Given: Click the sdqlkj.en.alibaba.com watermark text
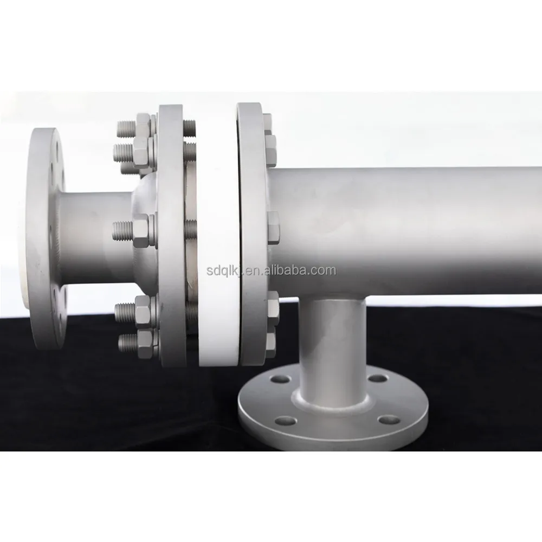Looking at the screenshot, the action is click(272, 270).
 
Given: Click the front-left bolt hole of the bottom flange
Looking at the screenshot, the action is click(286, 421).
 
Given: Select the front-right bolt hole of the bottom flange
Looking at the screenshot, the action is click(389, 420).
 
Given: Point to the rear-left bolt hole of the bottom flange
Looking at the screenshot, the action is click(280, 379).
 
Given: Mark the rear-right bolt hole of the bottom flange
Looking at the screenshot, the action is click(378, 378).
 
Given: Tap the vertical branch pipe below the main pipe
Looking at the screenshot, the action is click(333, 349).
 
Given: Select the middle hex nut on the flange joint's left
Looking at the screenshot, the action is click(141, 230).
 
